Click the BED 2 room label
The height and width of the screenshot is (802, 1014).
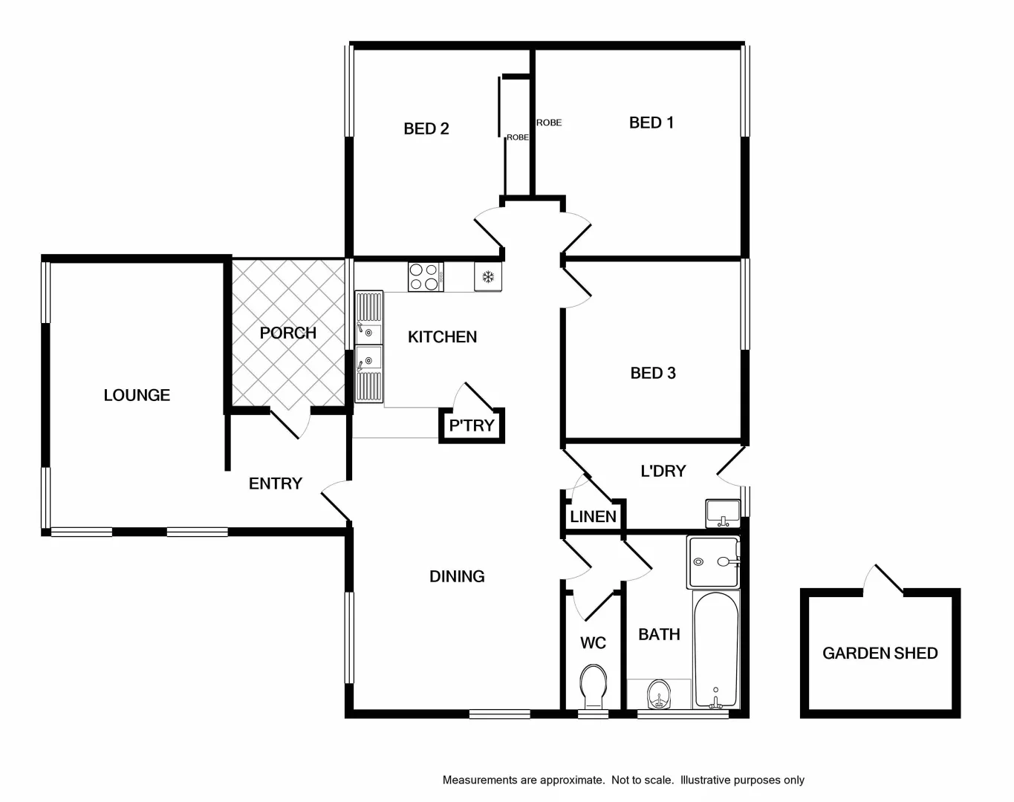point(426,128)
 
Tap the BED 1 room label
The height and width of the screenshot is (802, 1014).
point(651,123)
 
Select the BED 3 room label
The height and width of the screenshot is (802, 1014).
point(652,373)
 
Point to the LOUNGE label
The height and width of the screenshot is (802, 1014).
point(137,395)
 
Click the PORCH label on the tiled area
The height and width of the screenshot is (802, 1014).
point(287,333)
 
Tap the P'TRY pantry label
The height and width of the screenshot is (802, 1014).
point(471,426)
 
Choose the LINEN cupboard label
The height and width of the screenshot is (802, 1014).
point(593,517)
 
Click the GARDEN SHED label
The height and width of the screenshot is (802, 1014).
point(880,653)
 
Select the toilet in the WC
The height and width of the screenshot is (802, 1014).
point(593,687)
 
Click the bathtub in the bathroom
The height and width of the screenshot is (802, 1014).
point(715,648)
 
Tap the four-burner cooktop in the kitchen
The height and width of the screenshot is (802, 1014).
point(425,277)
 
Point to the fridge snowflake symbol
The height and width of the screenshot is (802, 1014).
point(488,277)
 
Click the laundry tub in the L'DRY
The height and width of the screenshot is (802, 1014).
point(722,512)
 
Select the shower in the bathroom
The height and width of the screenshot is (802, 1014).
point(713,561)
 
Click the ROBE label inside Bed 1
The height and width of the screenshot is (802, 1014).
point(549,123)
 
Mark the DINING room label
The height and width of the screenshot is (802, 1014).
point(457,576)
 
